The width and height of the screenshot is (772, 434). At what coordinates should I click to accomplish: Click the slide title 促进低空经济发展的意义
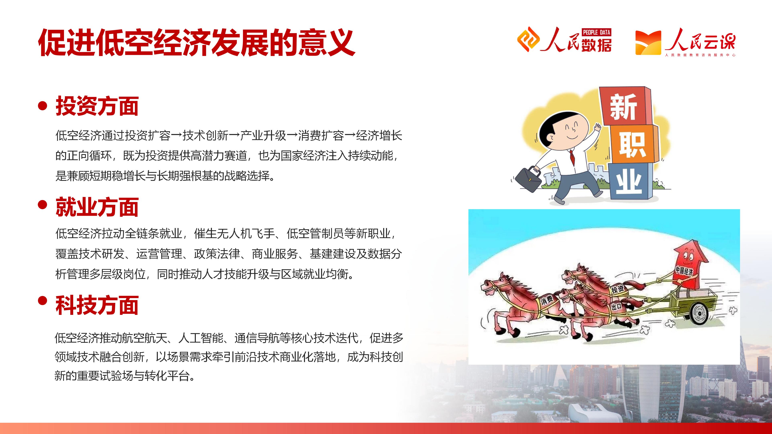point(197,43)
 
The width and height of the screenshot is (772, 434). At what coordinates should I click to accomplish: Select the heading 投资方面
point(97,106)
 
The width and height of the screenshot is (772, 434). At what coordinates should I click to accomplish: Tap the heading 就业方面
point(97,207)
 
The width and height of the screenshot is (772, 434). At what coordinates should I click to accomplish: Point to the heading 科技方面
point(97,305)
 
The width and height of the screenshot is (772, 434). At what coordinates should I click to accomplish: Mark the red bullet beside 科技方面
point(43,300)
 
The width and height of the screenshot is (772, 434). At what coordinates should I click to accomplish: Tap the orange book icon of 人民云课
point(648,43)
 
